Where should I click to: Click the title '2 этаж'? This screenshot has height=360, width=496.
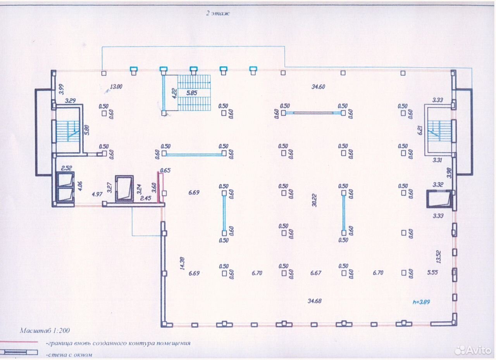pos(218,13)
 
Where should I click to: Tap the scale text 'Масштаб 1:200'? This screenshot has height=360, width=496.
pos(45,331)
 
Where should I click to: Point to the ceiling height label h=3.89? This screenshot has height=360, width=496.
pos(421,302)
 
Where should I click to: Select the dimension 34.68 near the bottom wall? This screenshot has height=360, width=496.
pos(314,301)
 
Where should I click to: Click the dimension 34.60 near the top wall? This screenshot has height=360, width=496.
pos(318,87)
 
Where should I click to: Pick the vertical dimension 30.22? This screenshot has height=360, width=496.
pos(314,200)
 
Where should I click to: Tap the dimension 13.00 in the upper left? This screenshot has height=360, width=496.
pos(116,86)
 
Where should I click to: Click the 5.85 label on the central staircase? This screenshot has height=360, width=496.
pos(191,93)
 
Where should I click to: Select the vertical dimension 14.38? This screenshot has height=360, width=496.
pos(182,263)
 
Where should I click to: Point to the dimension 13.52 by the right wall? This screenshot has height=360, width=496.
pos(438,257)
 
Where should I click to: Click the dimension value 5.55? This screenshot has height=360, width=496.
pos(432,272)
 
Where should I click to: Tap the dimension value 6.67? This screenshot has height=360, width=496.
pos(315,273)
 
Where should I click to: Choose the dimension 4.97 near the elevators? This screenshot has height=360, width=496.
pos(97,194)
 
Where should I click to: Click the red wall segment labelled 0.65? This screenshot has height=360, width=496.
pos(158,187)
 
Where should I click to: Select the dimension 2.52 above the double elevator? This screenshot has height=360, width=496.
pos(66,168)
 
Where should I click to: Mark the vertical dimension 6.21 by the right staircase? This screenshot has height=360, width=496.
pos(420,130)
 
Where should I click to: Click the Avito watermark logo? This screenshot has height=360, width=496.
pos(473,350)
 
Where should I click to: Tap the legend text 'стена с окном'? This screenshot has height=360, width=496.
pos(69,355)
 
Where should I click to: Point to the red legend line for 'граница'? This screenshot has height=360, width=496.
pos(19,342)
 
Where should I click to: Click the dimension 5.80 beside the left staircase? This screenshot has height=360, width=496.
pos(87,130)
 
